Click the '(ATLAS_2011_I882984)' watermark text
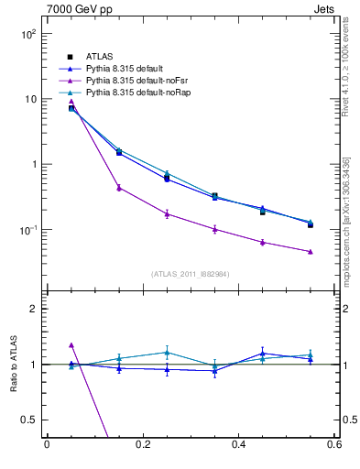190,274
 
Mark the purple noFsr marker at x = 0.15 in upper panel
119,188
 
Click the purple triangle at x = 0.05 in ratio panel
71,345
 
